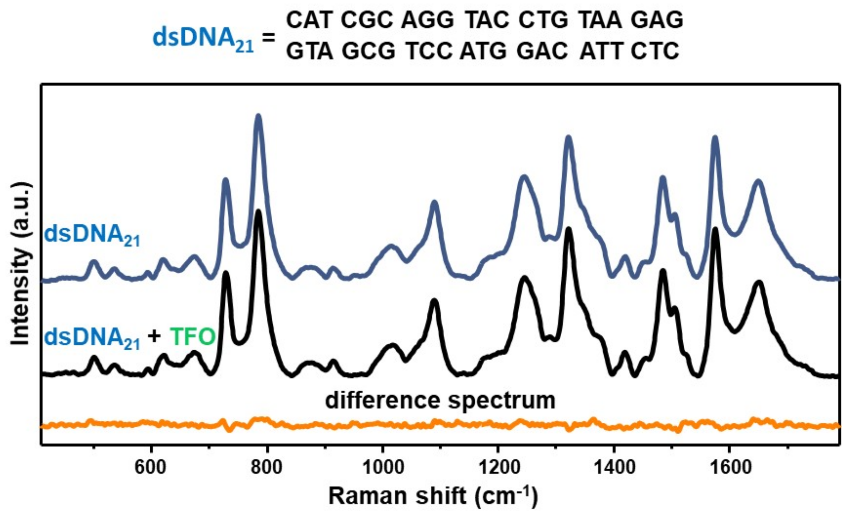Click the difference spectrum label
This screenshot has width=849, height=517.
tap(441, 400)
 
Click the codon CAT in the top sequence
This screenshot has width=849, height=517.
tap(309, 20)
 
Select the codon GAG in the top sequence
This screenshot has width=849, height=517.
tap(657, 20)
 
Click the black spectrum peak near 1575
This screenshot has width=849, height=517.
tap(715, 230)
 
